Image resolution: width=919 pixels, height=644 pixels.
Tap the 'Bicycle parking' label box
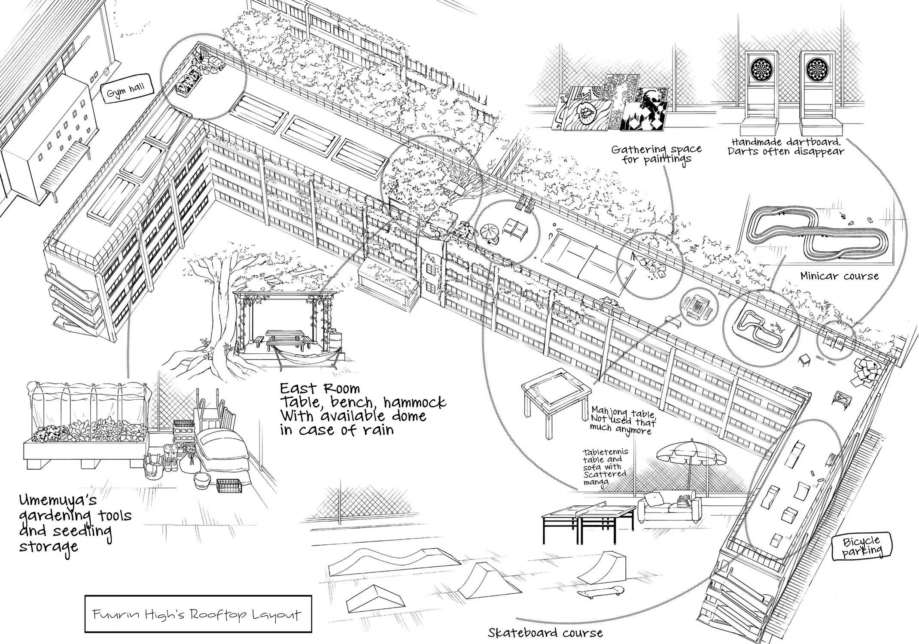tap(861, 546)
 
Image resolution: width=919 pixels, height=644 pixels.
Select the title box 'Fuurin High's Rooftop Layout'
tap(198, 614)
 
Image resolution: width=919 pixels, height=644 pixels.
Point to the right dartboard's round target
tap(818, 69)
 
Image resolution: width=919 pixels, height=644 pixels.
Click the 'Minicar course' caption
tap(839, 276)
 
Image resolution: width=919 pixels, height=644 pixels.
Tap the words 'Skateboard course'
tap(545, 632)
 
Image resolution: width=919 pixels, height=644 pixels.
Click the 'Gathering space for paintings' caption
tap(656, 154)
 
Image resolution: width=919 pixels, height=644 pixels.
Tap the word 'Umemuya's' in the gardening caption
tap(58, 501)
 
